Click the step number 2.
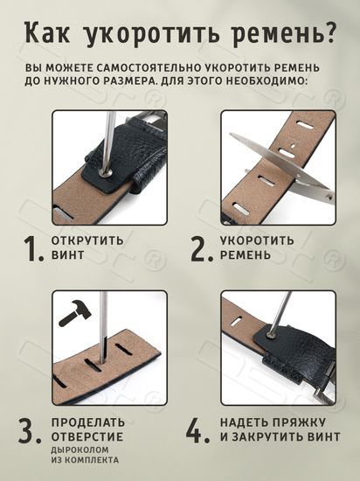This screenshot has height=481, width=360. click(x=203, y=248)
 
